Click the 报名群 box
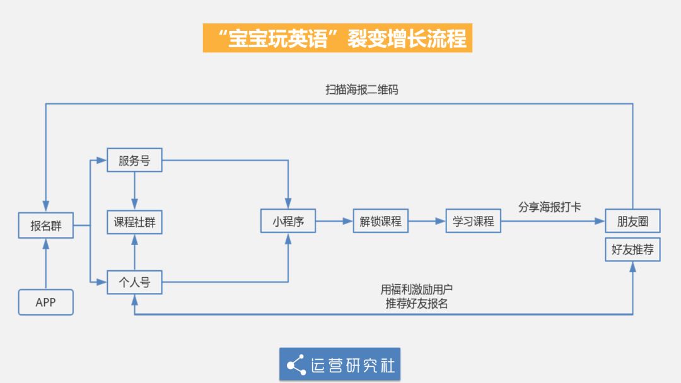click(x=46, y=226)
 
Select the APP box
click(x=46, y=302)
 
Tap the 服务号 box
click(x=134, y=161)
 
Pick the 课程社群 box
click(x=134, y=222)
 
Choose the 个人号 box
click(x=134, y=282)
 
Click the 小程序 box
click(x=288, y=221)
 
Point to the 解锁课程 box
click(x=380, y=221)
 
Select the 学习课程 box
click(x=473, y=221)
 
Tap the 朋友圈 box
click(x=632, y=221)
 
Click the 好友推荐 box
click(x=632, y=249)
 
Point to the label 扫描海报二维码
click(x=362, y=89)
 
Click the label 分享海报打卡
click(x=549, y=207)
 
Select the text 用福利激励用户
click(x=417, y=290)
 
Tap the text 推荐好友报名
click(x=417, y=303)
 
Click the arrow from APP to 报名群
click(x=46, y=265)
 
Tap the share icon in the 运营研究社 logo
click(x=296, y=365)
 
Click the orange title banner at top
click(x=337, y=38)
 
